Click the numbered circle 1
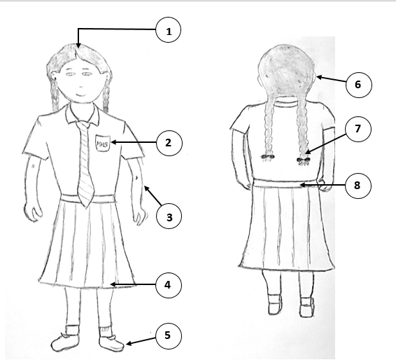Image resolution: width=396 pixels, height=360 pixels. (169, 29)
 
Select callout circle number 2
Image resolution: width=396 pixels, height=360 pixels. (169, 143)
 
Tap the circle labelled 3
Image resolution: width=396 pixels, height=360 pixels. (169, 216)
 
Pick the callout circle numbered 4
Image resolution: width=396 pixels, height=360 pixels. (169, 285)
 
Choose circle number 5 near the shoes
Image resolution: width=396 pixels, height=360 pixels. (169, 335)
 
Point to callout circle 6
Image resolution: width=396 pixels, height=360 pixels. (359, 85)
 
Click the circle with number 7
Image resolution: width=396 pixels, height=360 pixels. (358, 129)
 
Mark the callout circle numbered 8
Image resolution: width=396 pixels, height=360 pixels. (358, 186)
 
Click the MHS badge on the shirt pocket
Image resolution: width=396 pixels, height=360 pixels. (103, 144)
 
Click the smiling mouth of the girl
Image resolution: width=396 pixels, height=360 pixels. (82, 95)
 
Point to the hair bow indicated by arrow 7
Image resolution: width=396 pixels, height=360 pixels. (304, 161)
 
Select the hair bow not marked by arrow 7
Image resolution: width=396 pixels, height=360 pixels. (268, 158)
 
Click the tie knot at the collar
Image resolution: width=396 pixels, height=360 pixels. (83, 125)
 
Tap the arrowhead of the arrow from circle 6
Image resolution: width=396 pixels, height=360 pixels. (319, 77)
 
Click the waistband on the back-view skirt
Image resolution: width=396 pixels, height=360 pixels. (285, 184)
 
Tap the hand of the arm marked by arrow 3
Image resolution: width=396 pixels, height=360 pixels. (140, 216)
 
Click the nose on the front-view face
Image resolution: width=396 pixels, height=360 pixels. (81, 86)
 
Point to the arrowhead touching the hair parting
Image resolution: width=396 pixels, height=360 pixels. (78, 46)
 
